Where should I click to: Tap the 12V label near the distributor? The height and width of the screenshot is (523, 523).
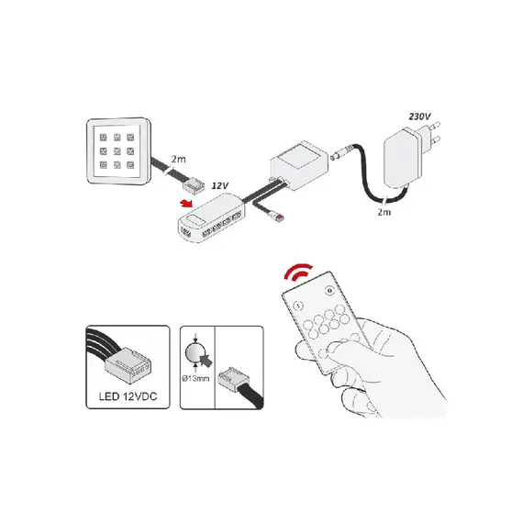(220, 185)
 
